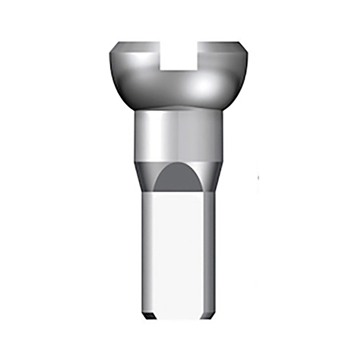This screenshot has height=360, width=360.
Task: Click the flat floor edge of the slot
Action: pos(179,69)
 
